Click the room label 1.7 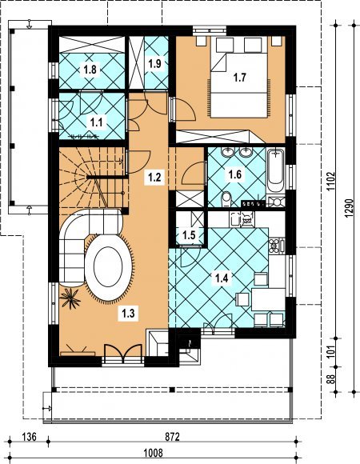pos(240,78)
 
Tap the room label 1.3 pos(128,313)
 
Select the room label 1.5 pos(189,235)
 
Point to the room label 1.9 pos(154,63)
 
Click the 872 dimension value pos(173,437)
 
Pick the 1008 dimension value pos(153,453)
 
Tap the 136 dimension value pos(29,437)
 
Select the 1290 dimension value pos(349,208)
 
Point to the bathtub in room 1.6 pos(276,170)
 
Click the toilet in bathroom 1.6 pos(226,199)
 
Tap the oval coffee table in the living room pos(108,267)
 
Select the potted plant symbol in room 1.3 pos(70,298)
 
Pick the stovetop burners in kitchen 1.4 pos(274,246)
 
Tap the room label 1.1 pos(97,122)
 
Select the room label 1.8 pos(90,70)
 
